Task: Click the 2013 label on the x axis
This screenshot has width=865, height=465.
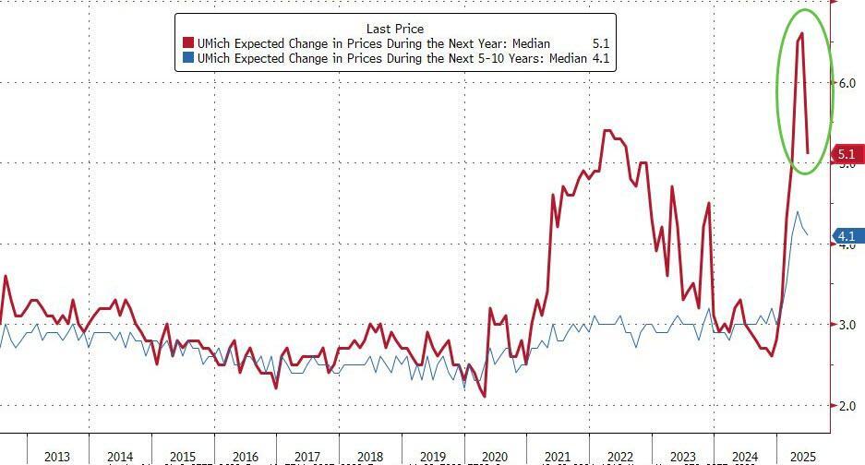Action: point(57,456)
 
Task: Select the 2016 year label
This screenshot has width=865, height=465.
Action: point(245,456)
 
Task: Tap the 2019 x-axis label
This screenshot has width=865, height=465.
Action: point(432,456)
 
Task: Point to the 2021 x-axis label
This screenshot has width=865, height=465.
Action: point(557,456)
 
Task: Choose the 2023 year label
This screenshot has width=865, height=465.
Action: point(682,456)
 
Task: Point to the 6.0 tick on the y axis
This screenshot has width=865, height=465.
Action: point(847,83)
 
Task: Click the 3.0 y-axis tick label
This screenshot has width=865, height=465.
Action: point(847,325)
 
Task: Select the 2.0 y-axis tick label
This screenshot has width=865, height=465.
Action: point(847,405)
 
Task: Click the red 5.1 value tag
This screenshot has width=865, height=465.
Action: point(847,155)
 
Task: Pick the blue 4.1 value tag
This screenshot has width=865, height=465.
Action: point(847,237)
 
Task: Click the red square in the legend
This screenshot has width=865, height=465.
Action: point(188,43)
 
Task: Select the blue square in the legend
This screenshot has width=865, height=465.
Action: point(188,58)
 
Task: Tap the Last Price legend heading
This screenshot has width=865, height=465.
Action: point(394,30)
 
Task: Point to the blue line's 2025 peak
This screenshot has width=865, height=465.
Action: point(798,211)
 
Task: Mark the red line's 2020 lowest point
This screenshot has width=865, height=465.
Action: point(484,397)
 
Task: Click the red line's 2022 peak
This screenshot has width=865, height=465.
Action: point(607,130)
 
